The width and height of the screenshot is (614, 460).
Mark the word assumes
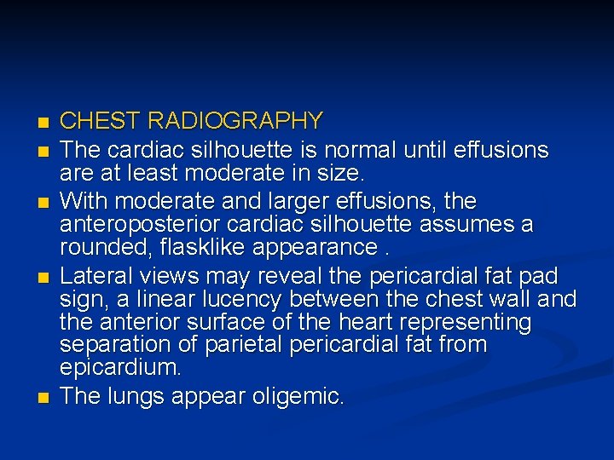point(474,225)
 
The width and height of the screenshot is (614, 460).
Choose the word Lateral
point(94,276)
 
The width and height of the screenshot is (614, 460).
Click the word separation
point(108,345)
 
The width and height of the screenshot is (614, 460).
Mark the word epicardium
point(120,368)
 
